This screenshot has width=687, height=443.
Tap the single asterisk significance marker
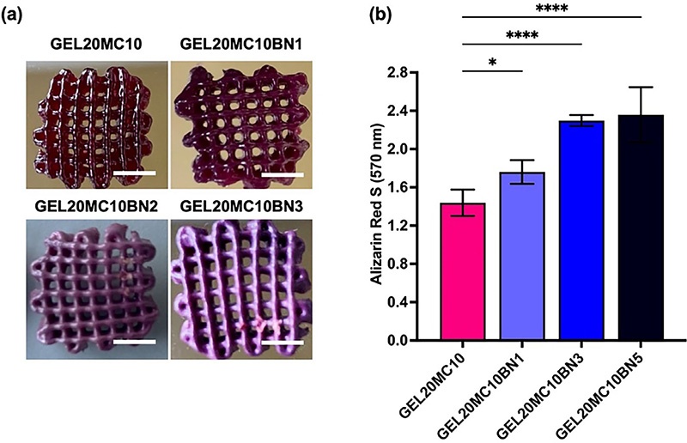click(x=492, y=62)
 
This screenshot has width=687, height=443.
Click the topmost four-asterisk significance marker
click(x=552, y=9)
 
